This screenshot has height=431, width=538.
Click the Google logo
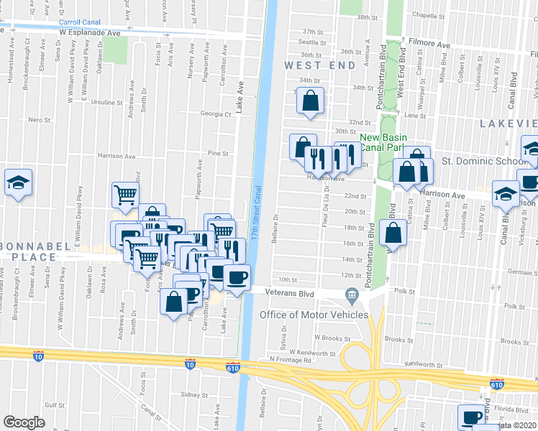tap(24, 422)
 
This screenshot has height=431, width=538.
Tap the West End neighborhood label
tap(319, 65)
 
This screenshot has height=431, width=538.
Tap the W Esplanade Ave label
tap(89, 33)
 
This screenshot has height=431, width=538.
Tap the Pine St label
tap(218, 153)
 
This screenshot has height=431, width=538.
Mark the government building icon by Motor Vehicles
tap(352, 293)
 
